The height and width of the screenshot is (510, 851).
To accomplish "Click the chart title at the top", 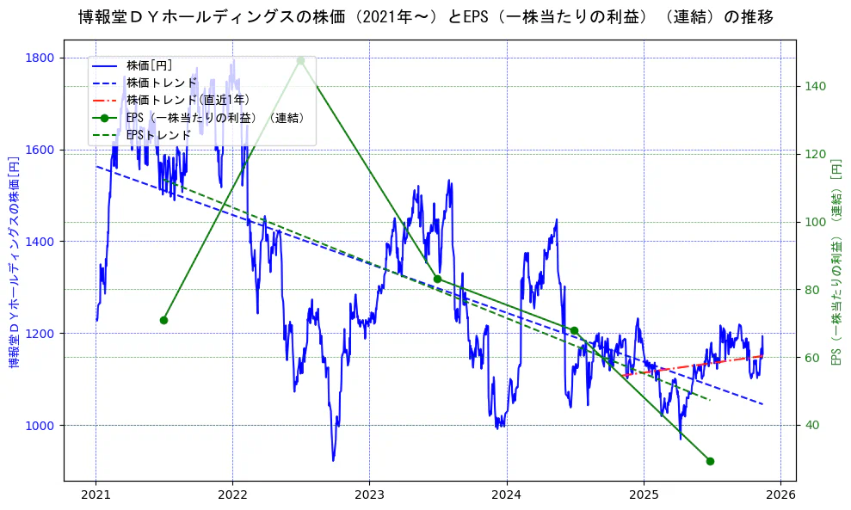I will pyautogui.click(x=425, y=17).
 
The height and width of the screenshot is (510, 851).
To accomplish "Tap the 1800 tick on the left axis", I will pyautogui.click(x=40, y=58).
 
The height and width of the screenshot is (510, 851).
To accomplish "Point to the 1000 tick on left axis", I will pyautogui.click(x=40, y=426).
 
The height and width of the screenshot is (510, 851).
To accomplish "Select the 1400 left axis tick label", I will pyautogui.click(x=40, y=242).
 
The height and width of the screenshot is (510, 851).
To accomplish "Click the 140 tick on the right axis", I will pyautogui.click(x=815, y=86).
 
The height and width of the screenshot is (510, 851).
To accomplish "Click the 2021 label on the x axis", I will pyautogui.click(x=96, y=495).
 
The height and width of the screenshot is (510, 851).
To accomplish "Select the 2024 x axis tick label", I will pyautogui.click(x=507, y=495).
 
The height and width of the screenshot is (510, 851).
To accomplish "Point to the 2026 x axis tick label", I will pyautogui.click(x=780, y=495).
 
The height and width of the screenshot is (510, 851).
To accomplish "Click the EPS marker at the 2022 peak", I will pyautogui.click(x=300, y=60).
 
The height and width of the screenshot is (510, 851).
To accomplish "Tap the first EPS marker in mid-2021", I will pyautogui.click(x=163, y=320).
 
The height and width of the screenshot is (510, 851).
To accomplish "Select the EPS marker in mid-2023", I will pyautogui.click(x=437, y=279).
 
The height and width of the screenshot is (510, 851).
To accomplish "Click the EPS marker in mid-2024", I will pyautogui.click(x=574, y=330).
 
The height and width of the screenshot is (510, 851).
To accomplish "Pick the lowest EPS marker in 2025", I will pyautogui.click(x=710, y=461).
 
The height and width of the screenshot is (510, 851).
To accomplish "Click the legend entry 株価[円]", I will pyautogui.click(x=149, y=65).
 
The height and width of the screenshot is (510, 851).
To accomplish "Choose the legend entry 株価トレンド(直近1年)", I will pyautogui.click(x=188, y=100).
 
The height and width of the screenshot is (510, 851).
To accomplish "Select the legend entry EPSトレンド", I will pyautogui.click(x=158, y=135).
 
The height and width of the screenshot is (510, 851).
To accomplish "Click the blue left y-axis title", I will pyautogui.click(x=14, y=262).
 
